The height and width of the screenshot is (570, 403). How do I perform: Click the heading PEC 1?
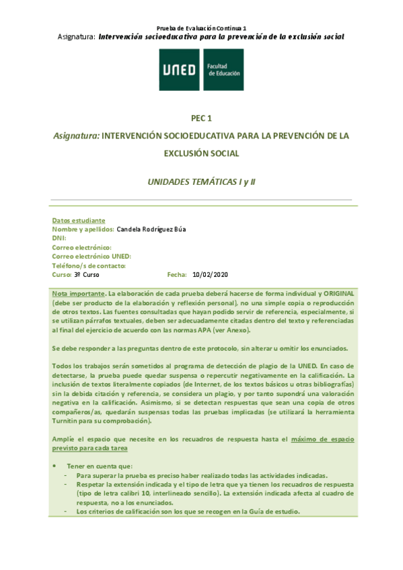(201, 118)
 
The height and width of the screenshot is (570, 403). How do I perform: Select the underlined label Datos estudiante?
(78, 220)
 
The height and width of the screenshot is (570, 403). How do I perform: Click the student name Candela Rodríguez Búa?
(151, 229)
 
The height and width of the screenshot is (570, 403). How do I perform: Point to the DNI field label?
(59, 239)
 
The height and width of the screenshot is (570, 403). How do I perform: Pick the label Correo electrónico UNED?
(91, 257)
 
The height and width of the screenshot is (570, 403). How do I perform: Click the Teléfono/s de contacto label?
(89, 266)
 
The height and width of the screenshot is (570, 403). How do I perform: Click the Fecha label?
(177, 275)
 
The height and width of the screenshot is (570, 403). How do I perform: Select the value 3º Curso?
(86, 275)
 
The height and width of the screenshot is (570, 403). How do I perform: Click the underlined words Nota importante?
(79, 294)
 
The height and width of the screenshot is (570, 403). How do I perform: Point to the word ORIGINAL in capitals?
(324, 294)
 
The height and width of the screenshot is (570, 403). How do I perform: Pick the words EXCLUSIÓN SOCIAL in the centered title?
(201, 153)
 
